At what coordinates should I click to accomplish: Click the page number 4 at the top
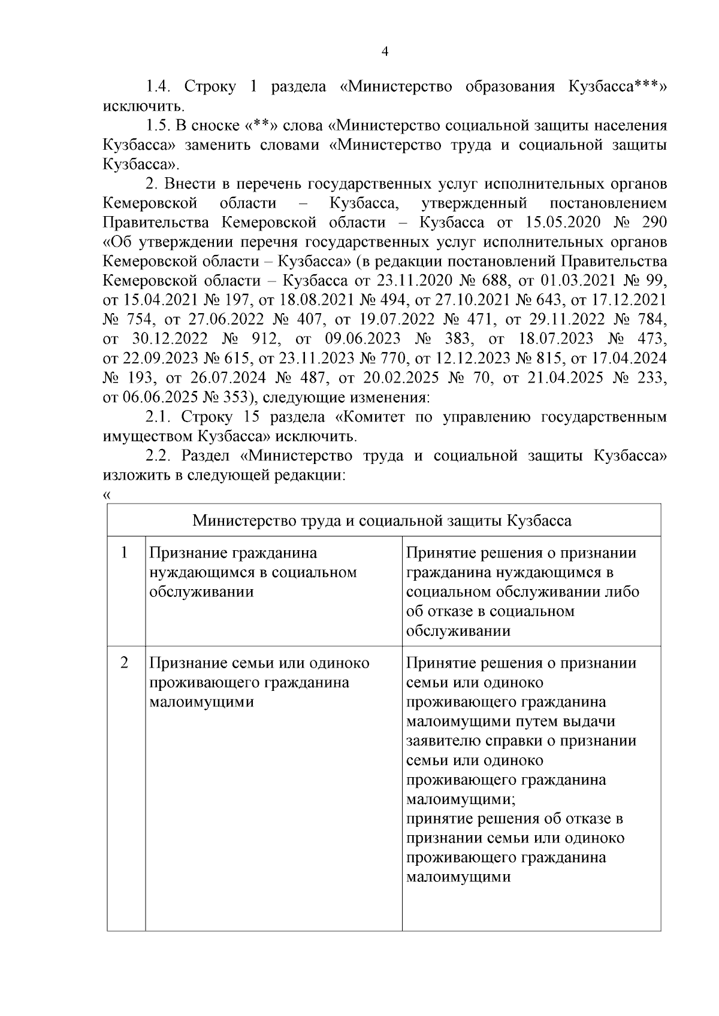click(385, 52)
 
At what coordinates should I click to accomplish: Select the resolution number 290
click(653, 223)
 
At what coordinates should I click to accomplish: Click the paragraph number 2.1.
click(159, 417)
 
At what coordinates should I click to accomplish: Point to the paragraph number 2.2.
click(159, 456)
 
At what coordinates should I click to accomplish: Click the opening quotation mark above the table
click(107, 495)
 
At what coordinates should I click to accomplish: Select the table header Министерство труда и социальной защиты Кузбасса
click(382, 520)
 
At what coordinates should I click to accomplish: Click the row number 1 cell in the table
click(125, 553)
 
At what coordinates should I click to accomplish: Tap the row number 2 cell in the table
click(125, 663)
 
